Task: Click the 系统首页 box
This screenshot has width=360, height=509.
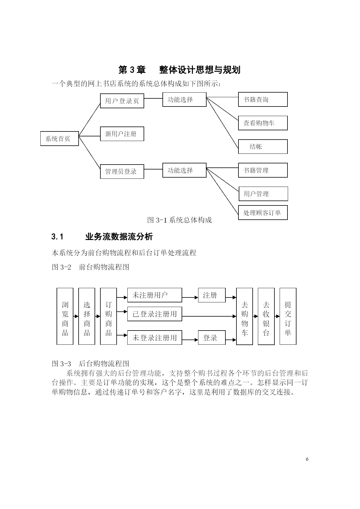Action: coord(59,138)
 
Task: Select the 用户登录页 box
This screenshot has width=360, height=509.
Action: coord(122,101)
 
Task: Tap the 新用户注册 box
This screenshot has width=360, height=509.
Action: coord(122,134)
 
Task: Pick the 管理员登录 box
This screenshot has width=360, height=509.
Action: coord(122,171)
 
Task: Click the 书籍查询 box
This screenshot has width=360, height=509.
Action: coord(263,100)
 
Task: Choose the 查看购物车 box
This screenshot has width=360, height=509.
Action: coord(263,123)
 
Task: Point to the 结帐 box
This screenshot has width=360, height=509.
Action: coord(263,147)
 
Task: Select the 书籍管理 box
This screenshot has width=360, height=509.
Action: coord(263,170)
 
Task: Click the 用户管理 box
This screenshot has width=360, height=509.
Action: coord(263,194)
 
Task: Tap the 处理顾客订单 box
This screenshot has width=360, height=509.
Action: coord(263,213)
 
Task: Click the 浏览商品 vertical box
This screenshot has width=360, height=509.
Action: coord(65,316)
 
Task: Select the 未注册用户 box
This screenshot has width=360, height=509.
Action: coord(155,295)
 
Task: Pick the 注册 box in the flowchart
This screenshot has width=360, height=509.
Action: coord(212,295)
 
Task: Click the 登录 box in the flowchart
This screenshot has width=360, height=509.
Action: coord(212,337)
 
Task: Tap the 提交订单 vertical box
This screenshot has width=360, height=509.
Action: coord(288,316)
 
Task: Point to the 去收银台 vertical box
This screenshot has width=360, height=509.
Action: coord(266,316)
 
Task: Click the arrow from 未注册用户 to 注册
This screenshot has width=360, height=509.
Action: coord(190,297)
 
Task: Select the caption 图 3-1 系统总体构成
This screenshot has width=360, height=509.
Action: coord(180,220)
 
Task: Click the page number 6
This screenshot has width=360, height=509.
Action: coord(307,459)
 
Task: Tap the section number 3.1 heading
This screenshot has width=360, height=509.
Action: coord(57,237)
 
